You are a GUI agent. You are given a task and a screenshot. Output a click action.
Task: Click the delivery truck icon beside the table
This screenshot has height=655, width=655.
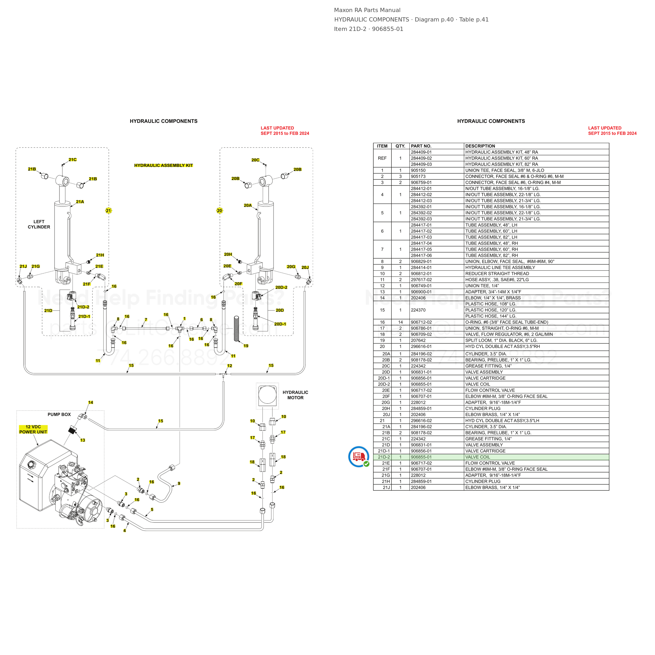359,457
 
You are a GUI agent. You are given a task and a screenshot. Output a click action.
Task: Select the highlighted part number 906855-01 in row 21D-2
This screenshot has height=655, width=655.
421,457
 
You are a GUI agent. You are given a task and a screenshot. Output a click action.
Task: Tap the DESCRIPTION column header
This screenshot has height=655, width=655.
480,146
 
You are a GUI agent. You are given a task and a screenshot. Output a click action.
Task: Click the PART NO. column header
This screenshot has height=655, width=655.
421,146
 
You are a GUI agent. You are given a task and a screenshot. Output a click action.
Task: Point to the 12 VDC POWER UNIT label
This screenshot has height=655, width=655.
33,429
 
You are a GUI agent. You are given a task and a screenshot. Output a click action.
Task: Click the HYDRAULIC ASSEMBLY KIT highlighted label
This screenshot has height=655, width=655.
163,165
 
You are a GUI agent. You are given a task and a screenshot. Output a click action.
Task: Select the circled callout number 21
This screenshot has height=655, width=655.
108,211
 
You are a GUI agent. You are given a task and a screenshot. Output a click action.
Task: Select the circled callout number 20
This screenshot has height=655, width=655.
219,211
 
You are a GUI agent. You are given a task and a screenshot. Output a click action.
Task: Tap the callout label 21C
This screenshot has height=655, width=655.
73,160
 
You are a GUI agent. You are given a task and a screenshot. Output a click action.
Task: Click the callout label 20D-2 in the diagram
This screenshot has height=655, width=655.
281,287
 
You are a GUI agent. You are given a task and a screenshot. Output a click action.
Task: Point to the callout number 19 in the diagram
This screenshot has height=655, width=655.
246,346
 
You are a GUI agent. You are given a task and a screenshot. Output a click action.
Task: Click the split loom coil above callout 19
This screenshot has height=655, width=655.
237,328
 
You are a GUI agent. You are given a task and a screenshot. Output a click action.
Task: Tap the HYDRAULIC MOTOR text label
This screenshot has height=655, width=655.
295,395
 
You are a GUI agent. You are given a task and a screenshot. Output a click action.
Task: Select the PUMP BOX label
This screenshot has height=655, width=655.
59,414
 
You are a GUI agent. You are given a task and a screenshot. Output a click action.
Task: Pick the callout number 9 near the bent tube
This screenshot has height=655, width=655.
179,483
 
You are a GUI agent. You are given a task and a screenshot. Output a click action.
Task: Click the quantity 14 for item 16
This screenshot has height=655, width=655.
400,322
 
